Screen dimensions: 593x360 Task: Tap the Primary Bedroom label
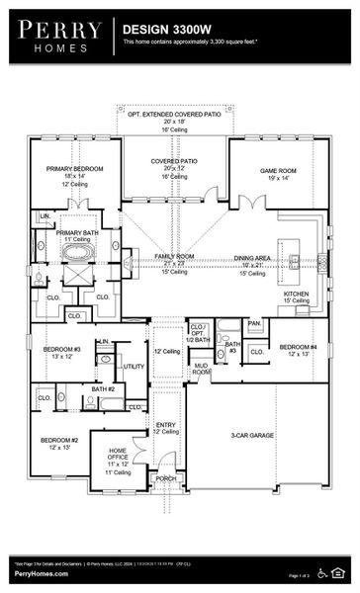click(68, 168)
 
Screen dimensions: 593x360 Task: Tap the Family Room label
click(174, 256)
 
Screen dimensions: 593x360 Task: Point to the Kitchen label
click(298, 294)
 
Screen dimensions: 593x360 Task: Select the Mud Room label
click(201, 369)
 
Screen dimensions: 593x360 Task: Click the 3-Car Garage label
click(252, 435)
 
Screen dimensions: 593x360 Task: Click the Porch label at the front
click(165, 478)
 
